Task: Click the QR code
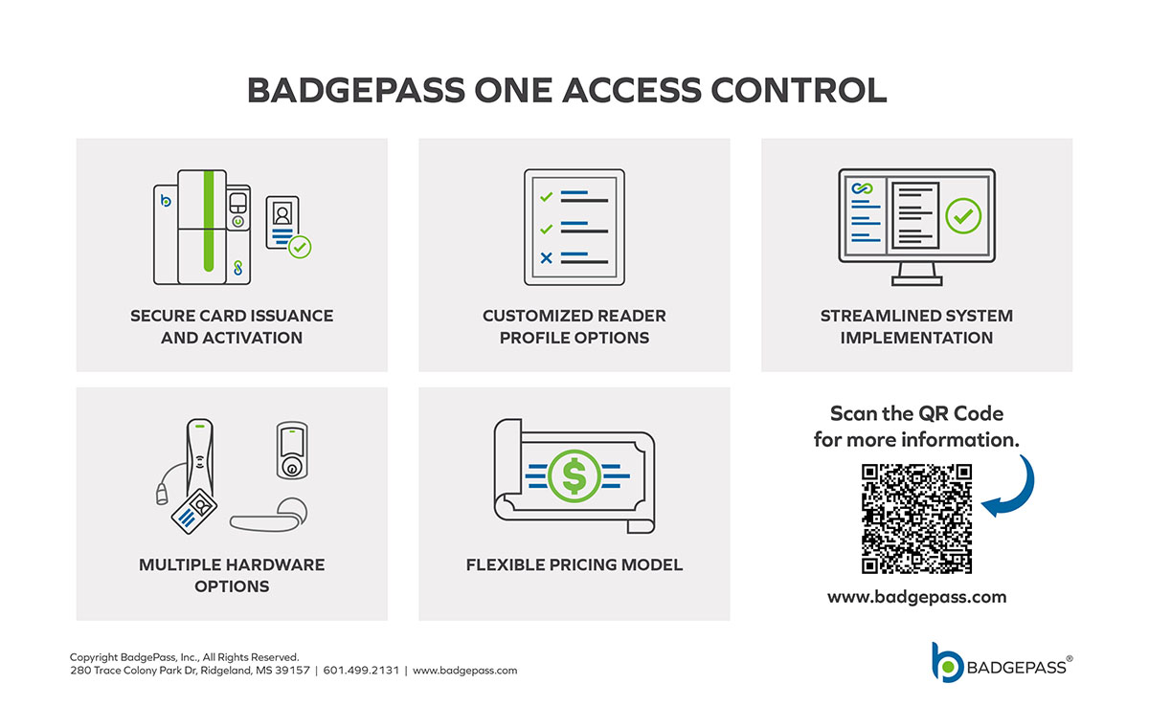[x=916, y=518]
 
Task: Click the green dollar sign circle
[x=574, y=476]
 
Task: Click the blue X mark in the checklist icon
[x=547, y=257]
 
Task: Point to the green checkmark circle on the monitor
[x=963, y=215]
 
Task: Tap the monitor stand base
[x=916, y=280]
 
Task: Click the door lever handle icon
[x=269, y=516]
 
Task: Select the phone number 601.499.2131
[x=361, y=670]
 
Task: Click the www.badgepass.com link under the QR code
[x=916, y=597]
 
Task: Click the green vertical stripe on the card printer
[x=209, y=221]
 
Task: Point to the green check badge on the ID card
[x=300, y=247]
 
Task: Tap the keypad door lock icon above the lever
[x=292, y=451]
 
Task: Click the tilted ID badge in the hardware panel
[x=193, y=511]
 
